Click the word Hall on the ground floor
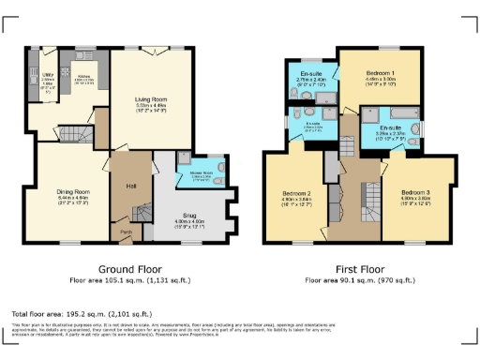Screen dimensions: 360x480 point(131,186)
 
